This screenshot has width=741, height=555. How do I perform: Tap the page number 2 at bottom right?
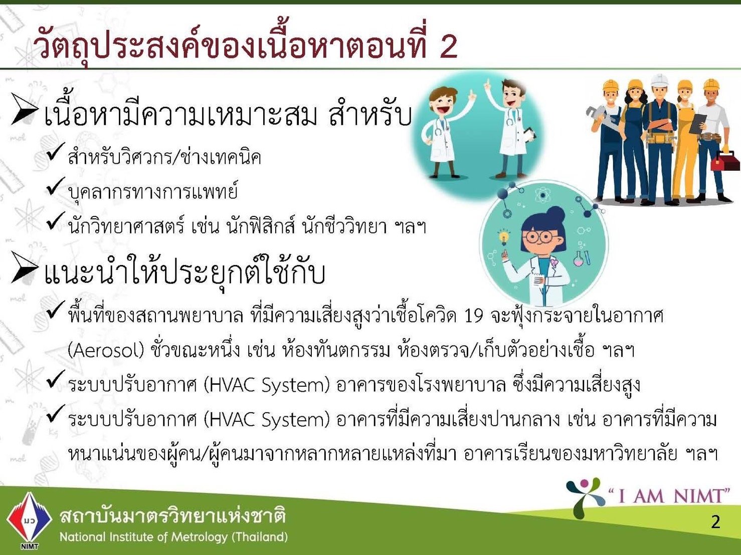[715, 522]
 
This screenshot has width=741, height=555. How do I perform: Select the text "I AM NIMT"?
[669, 496]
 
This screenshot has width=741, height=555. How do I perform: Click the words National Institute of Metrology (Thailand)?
[173, 537]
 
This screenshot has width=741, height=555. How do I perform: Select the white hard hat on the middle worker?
[658, 80]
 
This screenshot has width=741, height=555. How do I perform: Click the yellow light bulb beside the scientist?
[503, 236]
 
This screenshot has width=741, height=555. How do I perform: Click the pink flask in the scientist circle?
[578, 259]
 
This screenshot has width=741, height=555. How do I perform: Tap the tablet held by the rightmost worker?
[698, 123]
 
